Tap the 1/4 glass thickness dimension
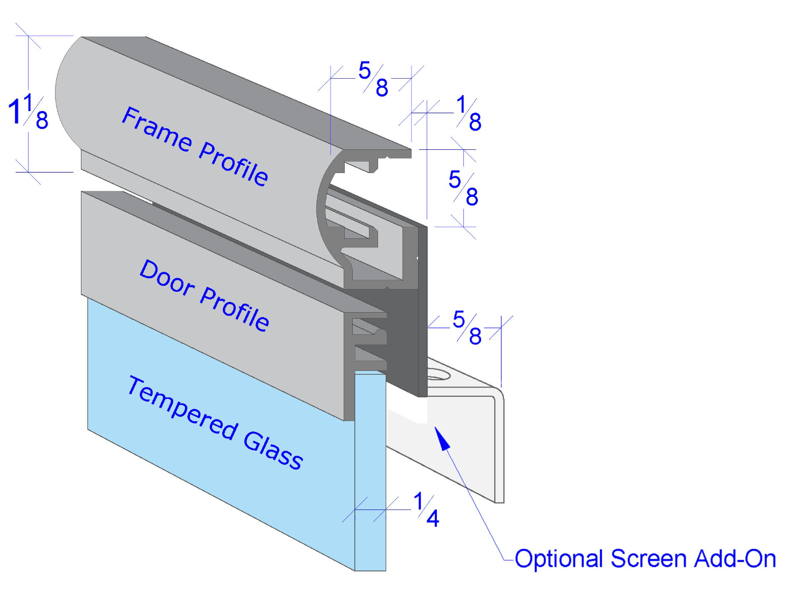click(426, 510)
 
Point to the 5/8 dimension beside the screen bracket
click(467, 327)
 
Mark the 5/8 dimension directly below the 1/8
click(463, 188)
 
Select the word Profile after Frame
click(234, 164)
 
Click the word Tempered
click(182, 408)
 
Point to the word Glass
click(273, 451)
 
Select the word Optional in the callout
click(558, 559)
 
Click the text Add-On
click(735, 559)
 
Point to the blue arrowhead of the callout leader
click(442, 438)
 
